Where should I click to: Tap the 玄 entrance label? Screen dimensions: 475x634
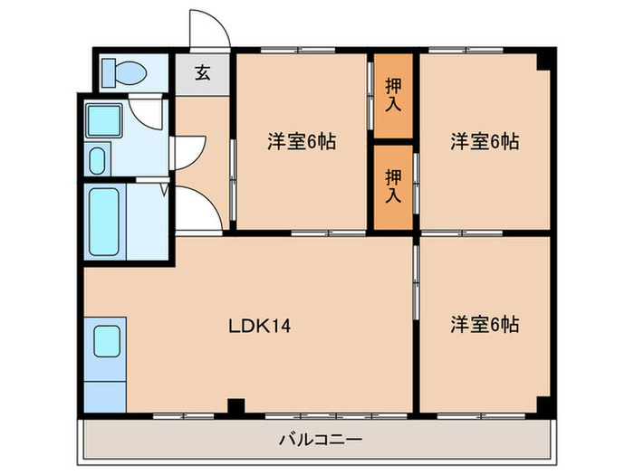pyautogui.click(x=202, y=73)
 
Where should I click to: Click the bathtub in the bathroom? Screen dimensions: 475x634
pyautogui.click(x=104, y=222)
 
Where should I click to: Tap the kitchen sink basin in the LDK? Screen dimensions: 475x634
pyautogui.click(x=105, y=340)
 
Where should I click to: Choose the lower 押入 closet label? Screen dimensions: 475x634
pyautogui.click(x=393, y=185)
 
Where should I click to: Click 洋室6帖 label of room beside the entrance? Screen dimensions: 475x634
pyautogui.click(x=302, y=141)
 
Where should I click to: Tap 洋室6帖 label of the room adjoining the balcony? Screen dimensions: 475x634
pyautogui.click(x=485, y=324)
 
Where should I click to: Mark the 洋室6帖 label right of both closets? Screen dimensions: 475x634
pyautogui.click(x=485, y=141)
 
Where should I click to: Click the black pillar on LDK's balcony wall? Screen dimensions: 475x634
pyautogui.click(x=235, y=406)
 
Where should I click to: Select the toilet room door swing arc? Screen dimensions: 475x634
pyautogui.click(x=145, y=113)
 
